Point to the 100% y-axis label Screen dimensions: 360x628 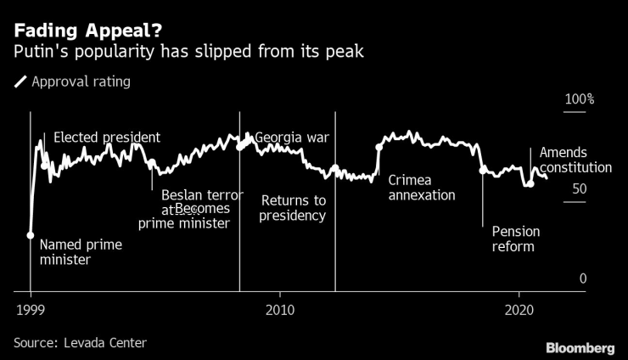click(580, 100)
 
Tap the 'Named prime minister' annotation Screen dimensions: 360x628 click(81, 252)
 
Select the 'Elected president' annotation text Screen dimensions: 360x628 click(107, 138)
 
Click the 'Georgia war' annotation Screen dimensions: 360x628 click(292, 138)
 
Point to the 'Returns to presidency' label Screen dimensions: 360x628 click(294, 208)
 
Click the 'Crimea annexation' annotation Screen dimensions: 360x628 click(422, 188)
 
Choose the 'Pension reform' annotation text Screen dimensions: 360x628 click(515, 239)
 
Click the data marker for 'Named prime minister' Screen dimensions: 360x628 click(31, 235)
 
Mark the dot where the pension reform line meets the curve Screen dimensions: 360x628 click(484, 171)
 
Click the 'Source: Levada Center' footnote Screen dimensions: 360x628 click(81, 342)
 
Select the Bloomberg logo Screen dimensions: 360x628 click(580, 348)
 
